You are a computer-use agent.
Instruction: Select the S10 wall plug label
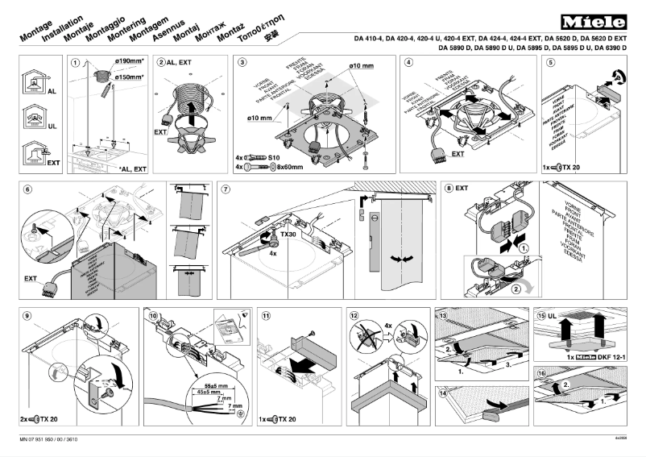[273, 157]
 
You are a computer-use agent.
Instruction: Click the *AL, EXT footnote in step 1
[132, 169]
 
